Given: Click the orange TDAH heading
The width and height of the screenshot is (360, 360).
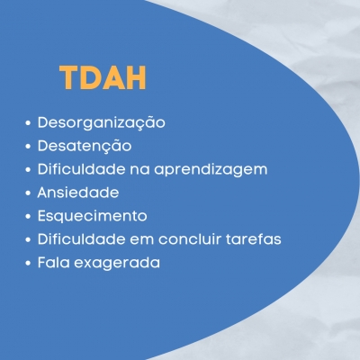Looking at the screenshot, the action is click(103, 77).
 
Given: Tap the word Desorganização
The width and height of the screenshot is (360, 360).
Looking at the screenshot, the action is click(102, 123).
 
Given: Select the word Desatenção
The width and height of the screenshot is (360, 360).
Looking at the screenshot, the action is click(85, 146).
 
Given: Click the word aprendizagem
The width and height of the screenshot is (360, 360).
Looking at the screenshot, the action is click(211, 170).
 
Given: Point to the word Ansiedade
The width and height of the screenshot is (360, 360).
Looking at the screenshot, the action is click(78, 193).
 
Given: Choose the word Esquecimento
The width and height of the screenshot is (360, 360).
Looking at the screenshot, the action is click(93, 216).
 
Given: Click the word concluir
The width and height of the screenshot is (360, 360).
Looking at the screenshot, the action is click(190, 238).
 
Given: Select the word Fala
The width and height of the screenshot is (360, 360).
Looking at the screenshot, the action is click(53, 262).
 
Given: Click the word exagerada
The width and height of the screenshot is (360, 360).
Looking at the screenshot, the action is click(117, 263).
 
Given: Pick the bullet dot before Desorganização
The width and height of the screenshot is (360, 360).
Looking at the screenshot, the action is click(28, 123).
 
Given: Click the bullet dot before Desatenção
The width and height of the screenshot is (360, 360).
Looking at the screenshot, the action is click(28, 147).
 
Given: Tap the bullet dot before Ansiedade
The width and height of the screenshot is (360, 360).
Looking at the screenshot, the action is click(28, 193).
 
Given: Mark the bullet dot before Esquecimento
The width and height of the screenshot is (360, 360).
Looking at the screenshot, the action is click(28, 216).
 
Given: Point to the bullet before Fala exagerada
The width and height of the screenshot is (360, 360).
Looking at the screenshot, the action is click(28, 263).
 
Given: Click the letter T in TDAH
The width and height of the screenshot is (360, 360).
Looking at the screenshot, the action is click(69, 77).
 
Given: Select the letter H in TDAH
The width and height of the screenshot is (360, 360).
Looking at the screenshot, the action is click(136, 77).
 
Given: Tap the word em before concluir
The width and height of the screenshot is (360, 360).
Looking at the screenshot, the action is click(141, 240).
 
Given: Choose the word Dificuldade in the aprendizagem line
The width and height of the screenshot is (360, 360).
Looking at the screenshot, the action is click(81, 169).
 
